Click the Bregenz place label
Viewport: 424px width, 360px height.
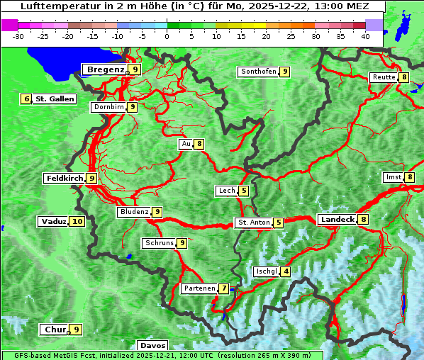coord(105,69)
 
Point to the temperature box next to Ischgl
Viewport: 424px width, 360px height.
coord(286,271)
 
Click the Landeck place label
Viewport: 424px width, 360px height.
coord(337,220)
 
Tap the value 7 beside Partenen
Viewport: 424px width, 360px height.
coord(223,288)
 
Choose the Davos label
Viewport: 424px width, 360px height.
coord(152,346)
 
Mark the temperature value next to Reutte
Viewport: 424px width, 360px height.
coord(403,77)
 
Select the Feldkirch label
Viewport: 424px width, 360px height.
coord(65,178)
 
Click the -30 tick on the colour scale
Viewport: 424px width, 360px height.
coord(18,36)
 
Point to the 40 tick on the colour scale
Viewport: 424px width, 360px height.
coord(365,36)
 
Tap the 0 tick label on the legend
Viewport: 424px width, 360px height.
coord(167,36)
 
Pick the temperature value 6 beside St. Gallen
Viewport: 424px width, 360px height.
coord(27,99)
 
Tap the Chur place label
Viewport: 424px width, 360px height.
coord(55,330)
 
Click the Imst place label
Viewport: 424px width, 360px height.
coord(392,176)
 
